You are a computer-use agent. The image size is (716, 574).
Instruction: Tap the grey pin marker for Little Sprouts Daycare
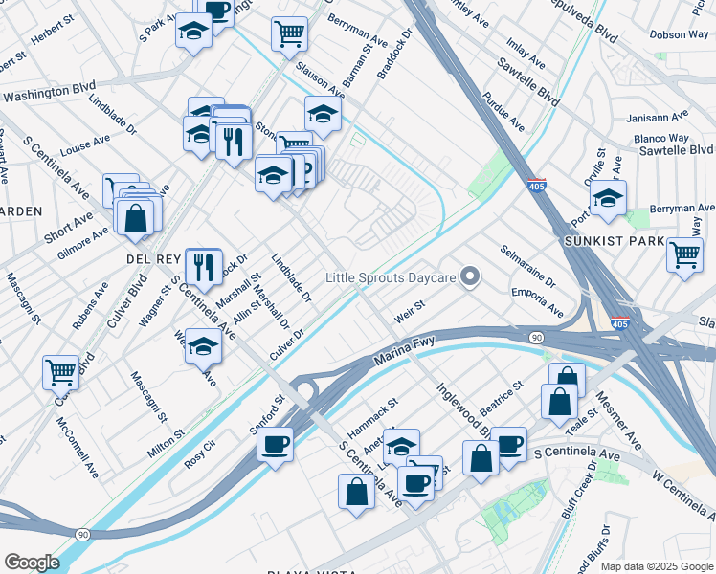coord(469,277)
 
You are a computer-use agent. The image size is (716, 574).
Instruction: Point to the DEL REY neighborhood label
coord(153,259)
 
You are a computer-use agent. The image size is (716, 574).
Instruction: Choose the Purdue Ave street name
coord(503,112)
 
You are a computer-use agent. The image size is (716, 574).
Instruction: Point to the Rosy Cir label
coord(200,452)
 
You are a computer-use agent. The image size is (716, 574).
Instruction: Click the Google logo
coord(32,562)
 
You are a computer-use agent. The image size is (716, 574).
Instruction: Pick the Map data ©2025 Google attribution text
coord(656,566)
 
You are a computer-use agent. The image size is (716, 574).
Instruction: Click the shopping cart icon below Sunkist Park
coord(685,255)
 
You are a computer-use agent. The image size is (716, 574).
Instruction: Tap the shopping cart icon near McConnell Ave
coord(60,371)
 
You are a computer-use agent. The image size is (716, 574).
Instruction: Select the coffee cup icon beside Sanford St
coord(275,445)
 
